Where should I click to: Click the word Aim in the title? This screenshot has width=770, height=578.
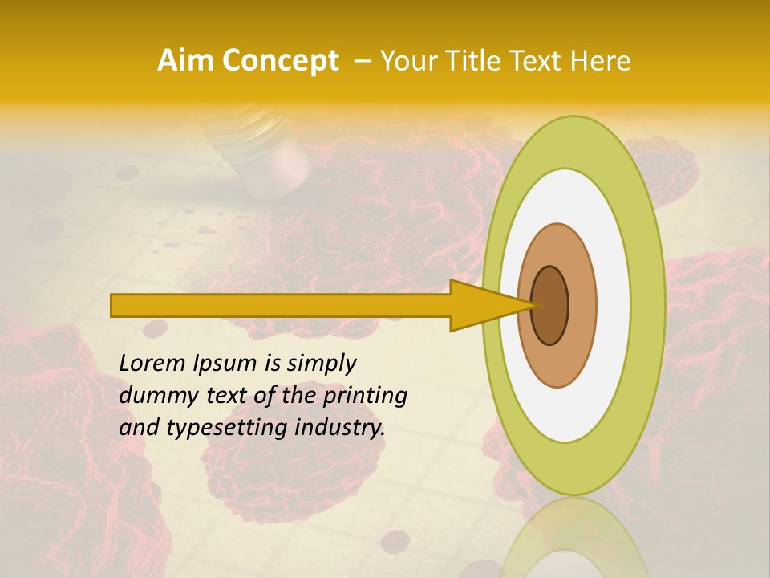point(186,61)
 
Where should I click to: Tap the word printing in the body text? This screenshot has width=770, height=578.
point(363,396)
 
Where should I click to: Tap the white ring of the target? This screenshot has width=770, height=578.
point(613,305)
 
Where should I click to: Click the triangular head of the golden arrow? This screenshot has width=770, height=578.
point(481,305)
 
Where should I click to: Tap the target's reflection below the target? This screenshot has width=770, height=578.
point(573,538)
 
